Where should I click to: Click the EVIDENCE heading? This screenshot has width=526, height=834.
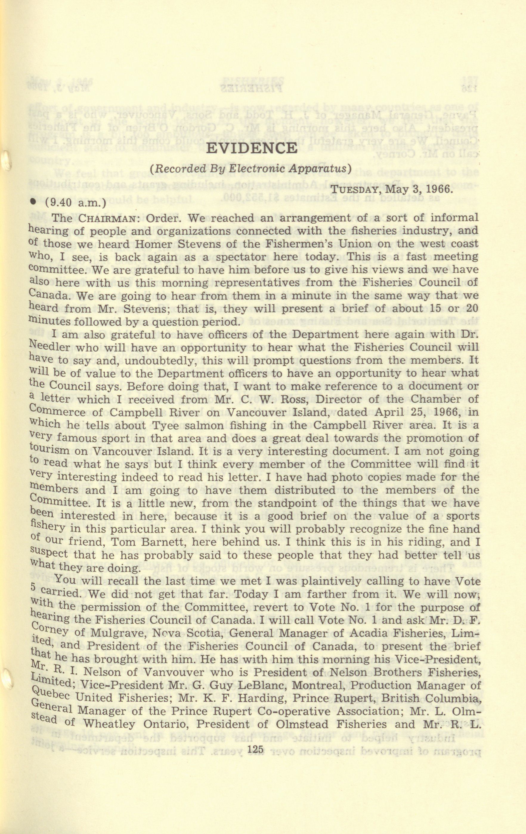tap(252, 148)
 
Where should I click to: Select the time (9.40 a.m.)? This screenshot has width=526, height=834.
tap(75, 203)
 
